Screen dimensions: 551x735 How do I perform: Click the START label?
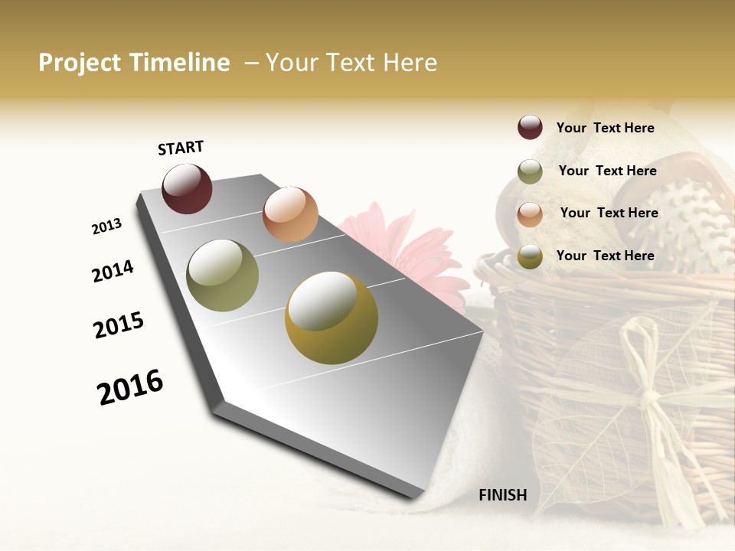(181, 148)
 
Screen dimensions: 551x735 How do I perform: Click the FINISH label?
(503, 495)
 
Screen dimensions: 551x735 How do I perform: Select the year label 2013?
(107, 226)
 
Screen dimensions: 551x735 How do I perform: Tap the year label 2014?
(113, 271)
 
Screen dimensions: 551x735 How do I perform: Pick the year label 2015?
(119, 325)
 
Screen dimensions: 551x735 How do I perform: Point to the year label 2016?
(130, 386)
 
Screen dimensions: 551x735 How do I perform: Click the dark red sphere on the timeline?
(187, 188)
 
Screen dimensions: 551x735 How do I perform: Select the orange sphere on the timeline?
(290, 214)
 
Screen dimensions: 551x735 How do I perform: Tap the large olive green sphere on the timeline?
(222, 275)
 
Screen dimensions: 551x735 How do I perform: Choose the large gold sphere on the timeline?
(332, 318)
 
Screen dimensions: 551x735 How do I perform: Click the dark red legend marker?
(530, 127)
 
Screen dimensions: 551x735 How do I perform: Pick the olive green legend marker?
(530, 171)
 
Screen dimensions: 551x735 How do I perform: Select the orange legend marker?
(530, 214)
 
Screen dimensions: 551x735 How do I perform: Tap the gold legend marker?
(530, 257)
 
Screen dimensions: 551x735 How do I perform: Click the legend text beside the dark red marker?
(605, 128)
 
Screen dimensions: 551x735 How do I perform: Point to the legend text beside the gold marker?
(605, 256)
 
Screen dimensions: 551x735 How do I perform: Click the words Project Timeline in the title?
(134, 63)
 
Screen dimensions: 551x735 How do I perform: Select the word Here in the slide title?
(410, 63)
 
